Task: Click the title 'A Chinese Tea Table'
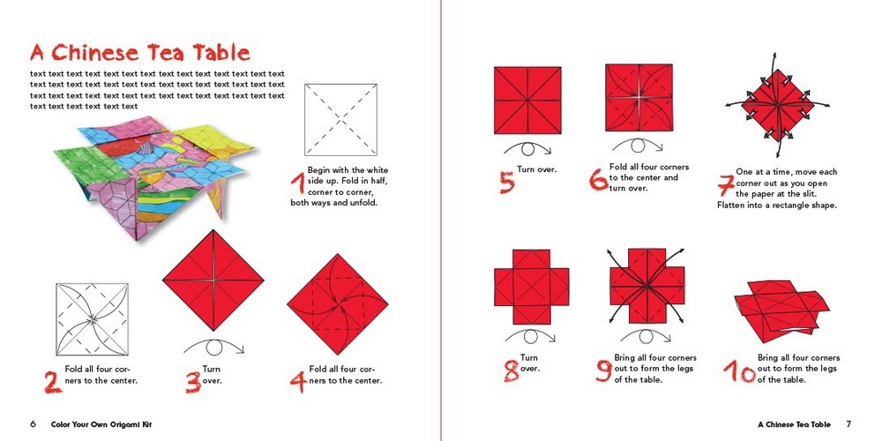(139, 53)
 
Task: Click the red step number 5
(506, 182)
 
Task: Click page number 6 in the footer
(34, 424)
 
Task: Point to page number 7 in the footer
(848, 424)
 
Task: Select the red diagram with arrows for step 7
(759, 109)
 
